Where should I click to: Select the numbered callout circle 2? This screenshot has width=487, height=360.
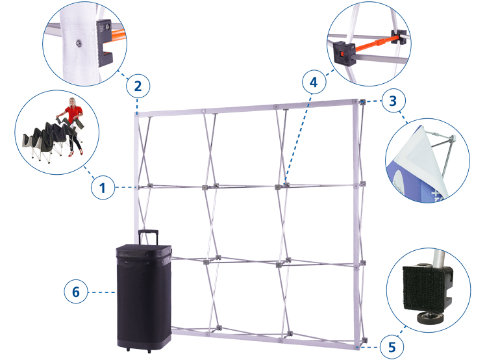138,86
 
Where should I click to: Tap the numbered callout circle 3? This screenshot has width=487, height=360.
392,101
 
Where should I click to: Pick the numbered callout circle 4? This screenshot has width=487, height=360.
313,83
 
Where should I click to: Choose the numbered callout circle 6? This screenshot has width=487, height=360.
75,292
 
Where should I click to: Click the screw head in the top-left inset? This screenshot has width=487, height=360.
78,42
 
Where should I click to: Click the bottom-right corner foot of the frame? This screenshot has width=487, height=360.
358,341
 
